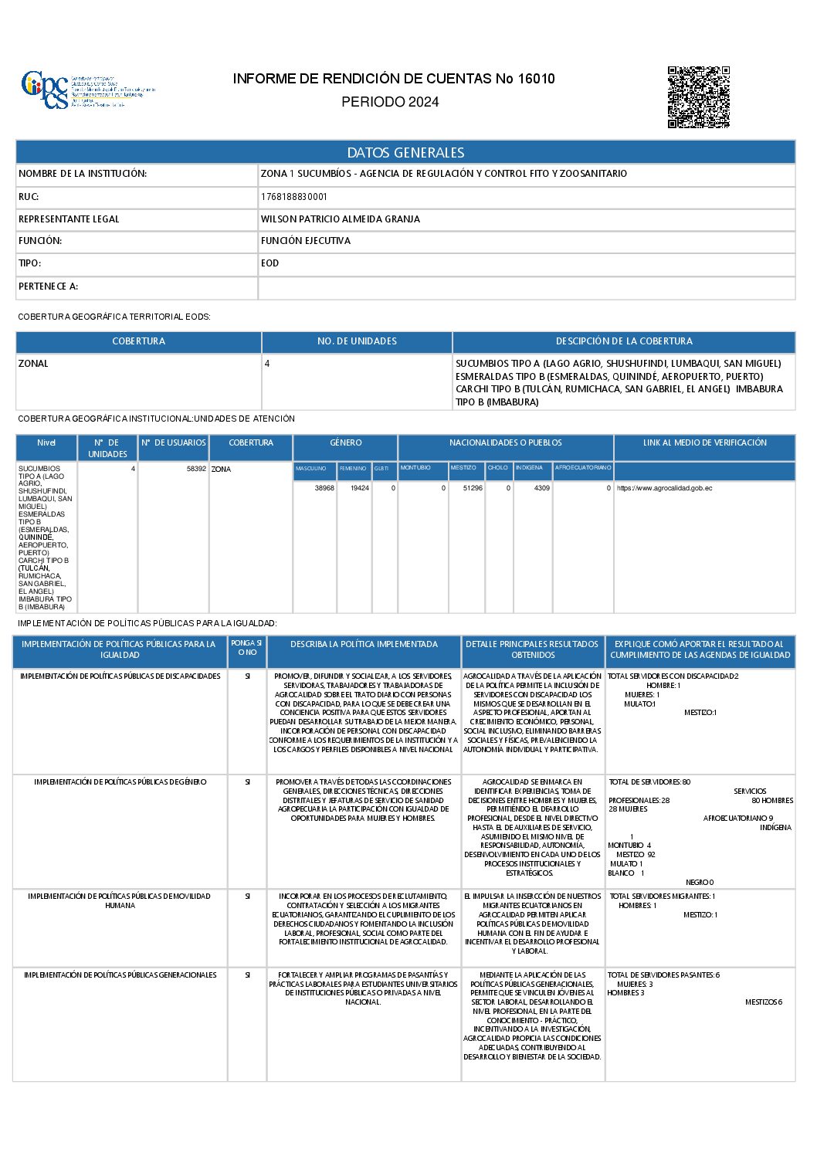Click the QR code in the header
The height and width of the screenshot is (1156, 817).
coord(698,97)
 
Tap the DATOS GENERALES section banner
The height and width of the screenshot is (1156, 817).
coord(405,152)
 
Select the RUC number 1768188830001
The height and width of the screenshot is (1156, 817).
coord(293,197)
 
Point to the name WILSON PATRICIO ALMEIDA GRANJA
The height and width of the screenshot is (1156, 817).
coord(341,219)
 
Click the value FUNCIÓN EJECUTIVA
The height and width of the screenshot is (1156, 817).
coord(306,241)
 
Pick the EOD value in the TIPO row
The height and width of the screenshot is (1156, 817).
coord(270,263)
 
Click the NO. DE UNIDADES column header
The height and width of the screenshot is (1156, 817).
coord(357,341)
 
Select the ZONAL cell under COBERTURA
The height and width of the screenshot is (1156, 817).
coord(33,364)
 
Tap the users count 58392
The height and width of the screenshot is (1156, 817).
coord(196,469)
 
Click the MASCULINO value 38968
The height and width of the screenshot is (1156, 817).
coord(324,488)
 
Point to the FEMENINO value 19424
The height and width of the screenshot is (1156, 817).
coord(360,488)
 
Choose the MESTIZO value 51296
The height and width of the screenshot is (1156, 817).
coord(473,488)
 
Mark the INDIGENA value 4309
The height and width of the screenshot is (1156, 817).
coord(542,488)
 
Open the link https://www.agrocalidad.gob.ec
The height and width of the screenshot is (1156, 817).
coord(664,488)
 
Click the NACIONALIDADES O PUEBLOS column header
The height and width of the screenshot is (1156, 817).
coord(506,443)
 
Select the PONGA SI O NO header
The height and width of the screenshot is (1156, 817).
coord(247,648)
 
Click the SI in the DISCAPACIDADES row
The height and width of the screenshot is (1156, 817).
coord(248,676)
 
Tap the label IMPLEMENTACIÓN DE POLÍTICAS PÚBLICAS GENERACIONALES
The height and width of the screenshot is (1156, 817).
coord(120,975)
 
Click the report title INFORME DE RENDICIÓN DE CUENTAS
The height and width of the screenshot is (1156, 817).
coord(394,79)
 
